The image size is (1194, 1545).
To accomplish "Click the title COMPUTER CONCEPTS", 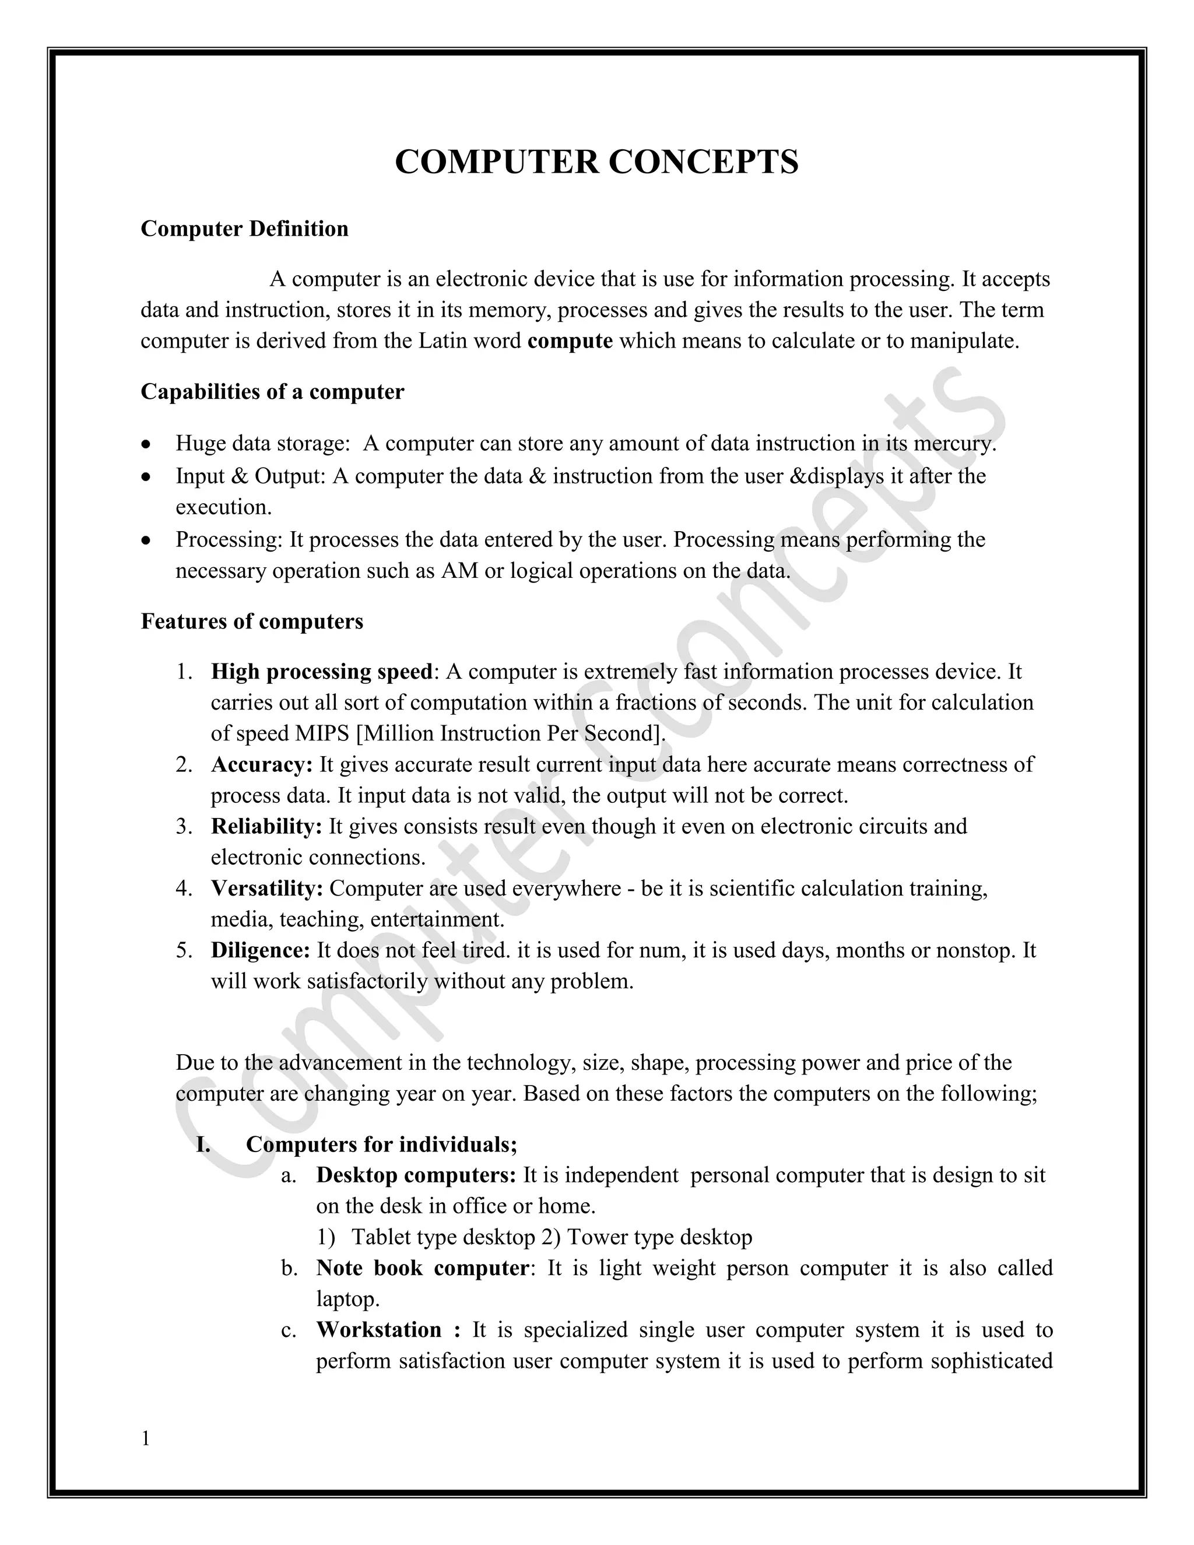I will click(x=596, y=162).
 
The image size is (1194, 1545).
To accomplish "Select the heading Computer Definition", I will click(x=244, y=229).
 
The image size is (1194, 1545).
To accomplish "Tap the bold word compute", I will click(x=570, y=341).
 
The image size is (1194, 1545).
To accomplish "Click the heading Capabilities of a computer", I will click(x=272, y=392).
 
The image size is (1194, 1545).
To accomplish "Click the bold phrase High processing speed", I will click(x=322, y=671).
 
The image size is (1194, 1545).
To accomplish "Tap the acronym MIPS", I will click(x=322, y=733).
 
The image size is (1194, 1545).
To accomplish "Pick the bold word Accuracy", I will click(x=261, y=765).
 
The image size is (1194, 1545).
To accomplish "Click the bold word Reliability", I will click(x=266, y=826).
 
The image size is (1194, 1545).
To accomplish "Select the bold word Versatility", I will click(x=266, y=889).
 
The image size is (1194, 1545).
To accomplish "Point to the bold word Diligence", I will click(x=260, y=950).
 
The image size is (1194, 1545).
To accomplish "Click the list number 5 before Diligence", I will click(x=182, y=950).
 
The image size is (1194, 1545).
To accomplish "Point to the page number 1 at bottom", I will click(x=146, y=1438).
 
